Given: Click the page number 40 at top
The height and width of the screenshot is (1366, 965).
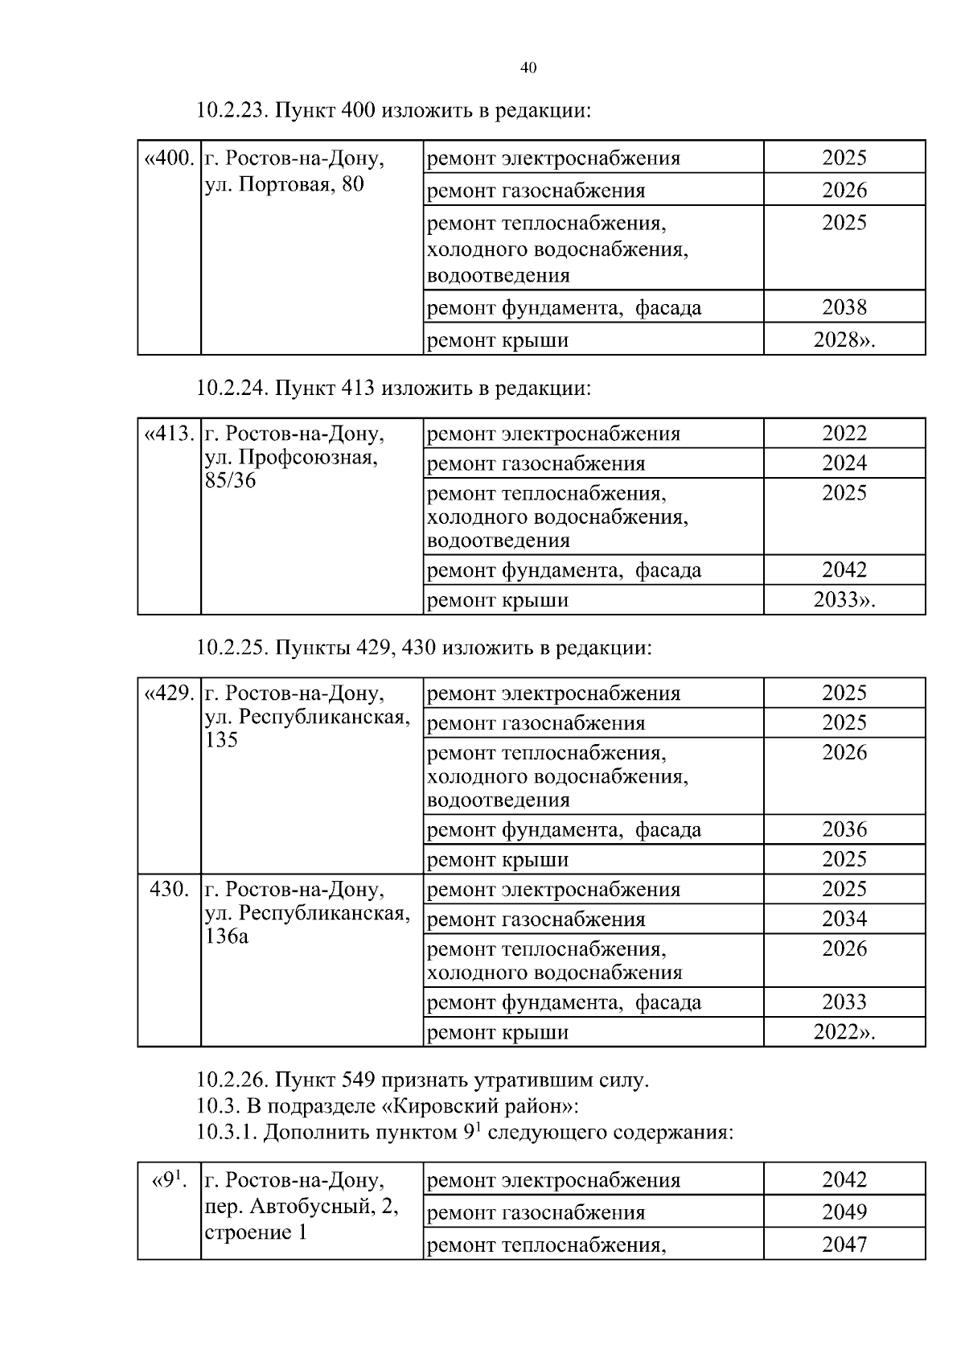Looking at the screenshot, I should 528,68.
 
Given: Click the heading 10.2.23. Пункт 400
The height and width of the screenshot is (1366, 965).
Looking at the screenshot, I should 393,110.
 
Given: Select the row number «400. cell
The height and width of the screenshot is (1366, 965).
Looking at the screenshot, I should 169,158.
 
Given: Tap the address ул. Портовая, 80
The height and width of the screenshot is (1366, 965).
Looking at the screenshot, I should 285,185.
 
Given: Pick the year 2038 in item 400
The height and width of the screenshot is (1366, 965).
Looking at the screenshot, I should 844,307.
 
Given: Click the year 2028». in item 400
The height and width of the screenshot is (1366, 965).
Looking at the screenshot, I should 844,339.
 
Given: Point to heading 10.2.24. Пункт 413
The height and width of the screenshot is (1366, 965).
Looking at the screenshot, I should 393,389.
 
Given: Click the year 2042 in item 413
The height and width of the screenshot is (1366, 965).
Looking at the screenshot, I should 844,570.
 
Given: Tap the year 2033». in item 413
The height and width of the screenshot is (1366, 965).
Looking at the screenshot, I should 844,599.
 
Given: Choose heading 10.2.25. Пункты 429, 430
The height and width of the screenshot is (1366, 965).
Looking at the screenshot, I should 424,648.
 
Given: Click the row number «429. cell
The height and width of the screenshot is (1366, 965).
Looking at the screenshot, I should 169,693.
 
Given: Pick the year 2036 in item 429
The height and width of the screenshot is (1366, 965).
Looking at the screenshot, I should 844,829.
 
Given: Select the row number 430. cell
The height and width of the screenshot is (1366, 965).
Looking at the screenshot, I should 169,890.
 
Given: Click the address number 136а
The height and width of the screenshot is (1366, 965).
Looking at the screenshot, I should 227,937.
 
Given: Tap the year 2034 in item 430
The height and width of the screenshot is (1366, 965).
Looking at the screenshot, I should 844,919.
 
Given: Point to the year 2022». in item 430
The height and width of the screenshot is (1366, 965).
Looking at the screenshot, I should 844,1031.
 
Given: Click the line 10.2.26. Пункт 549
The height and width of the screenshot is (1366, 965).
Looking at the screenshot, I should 422,1080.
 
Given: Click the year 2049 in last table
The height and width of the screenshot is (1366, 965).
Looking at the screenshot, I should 844,1212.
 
